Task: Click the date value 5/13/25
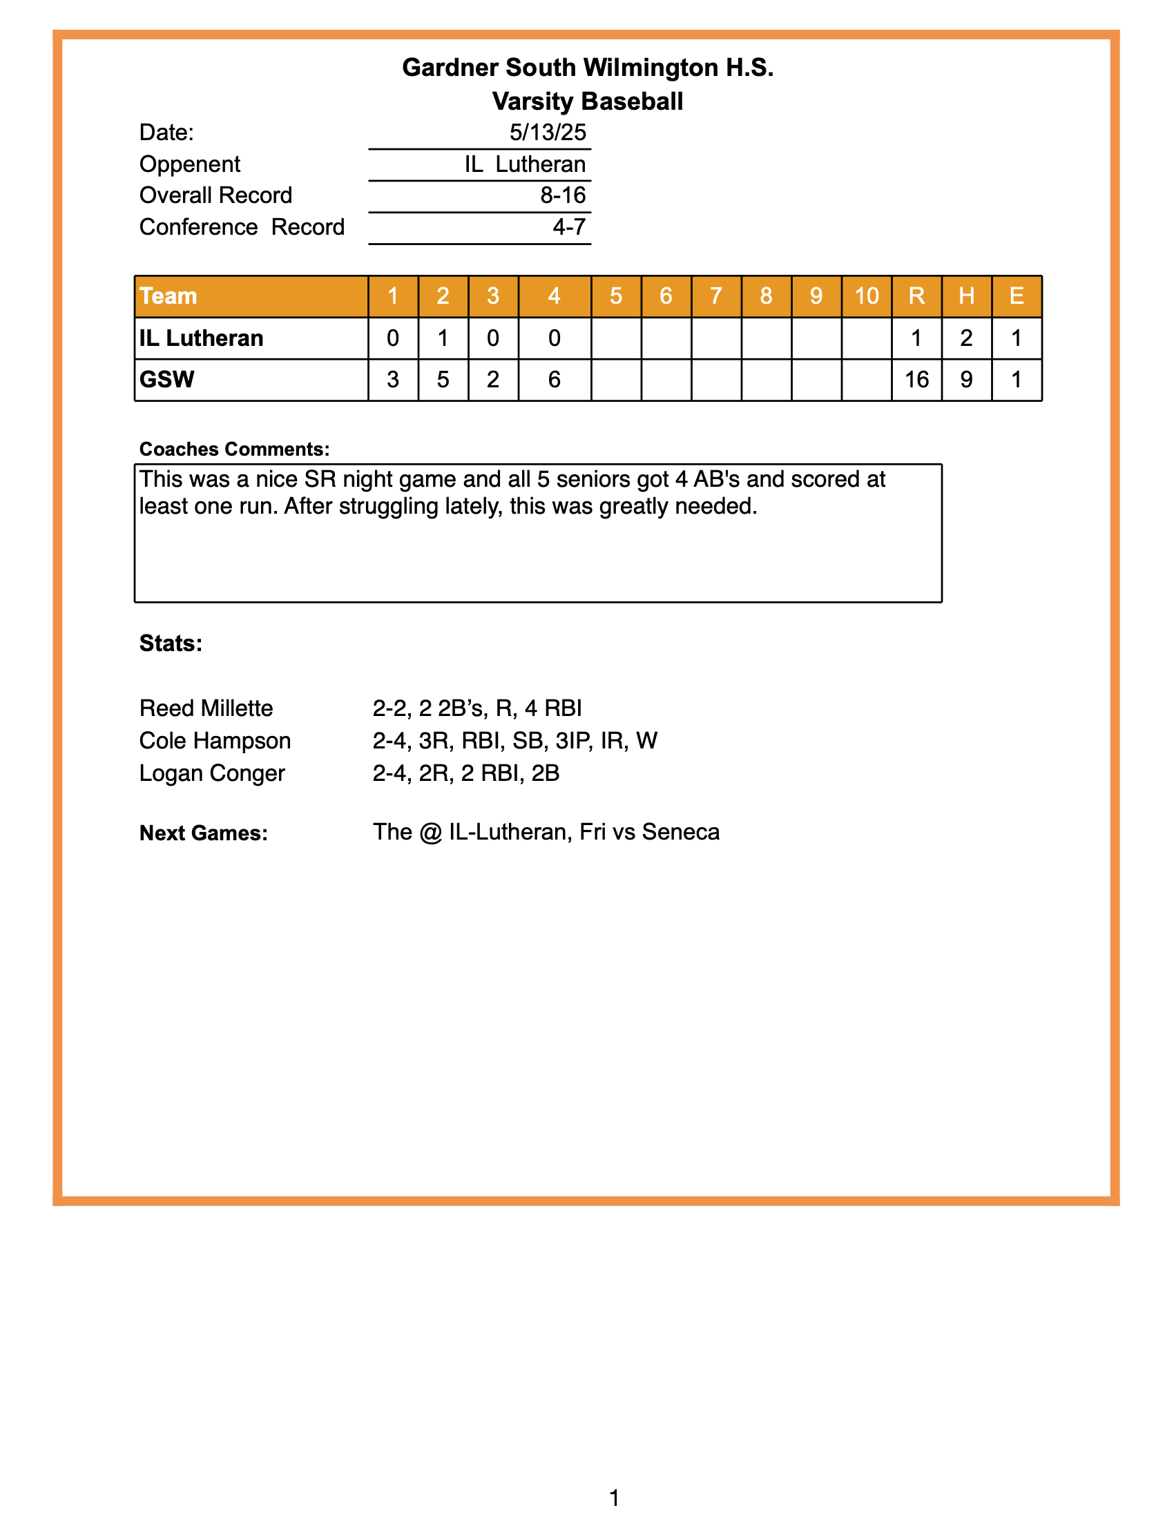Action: coord(548,132)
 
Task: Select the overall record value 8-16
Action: coord(563,195)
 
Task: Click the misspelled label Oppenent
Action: coord(189,164)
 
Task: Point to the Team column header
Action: coord(169,296)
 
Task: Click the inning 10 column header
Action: coord(866,296)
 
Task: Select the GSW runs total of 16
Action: coord(916,380)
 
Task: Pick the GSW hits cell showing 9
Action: coord(966,380)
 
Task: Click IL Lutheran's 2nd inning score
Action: coord(443,338)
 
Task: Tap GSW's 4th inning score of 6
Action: coord(554,380)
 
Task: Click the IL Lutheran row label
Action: coord(201,338)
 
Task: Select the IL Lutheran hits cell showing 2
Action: coord(966,338)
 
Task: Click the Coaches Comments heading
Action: coord(234,449)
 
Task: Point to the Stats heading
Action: coord(171,644)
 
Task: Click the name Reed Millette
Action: coord(206,708)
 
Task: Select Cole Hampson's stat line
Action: coord(514,741)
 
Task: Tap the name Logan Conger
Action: coord(211,773)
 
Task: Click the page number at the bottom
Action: coord(614,1497)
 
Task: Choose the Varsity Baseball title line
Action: coord(587,101)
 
